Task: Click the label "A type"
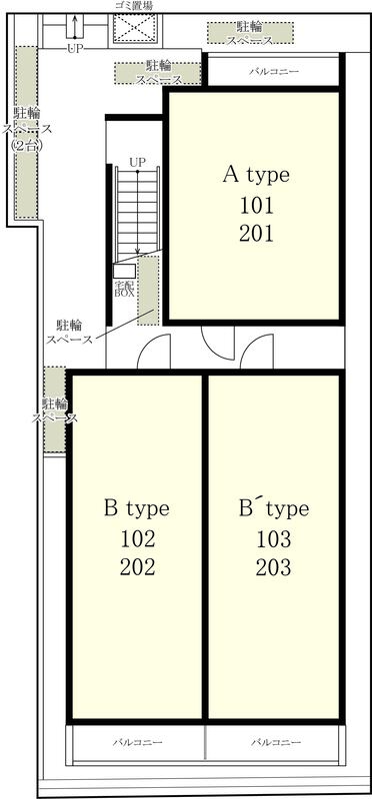point(256,176)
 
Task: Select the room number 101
point(256,207)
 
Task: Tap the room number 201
point(256,234)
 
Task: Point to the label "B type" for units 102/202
point(137,509)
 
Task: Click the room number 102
point(137,538)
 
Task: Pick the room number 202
point(137,567)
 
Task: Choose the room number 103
point(274,538)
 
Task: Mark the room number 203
point(274,567)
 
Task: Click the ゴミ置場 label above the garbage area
point(135,6)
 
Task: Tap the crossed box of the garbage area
point(135,30)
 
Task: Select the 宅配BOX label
point(124,290)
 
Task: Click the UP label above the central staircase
point(137,163)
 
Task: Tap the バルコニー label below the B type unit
point(138,742)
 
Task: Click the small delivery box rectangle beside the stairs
point(125,271)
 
